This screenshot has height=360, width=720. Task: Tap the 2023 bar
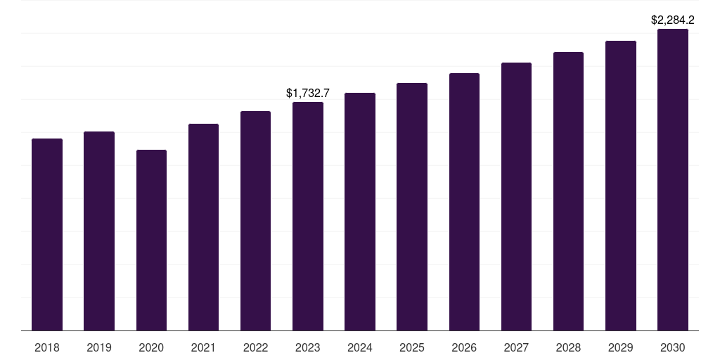point(308,216)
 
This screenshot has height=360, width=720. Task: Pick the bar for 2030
point(673,179)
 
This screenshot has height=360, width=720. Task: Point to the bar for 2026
point(464,202)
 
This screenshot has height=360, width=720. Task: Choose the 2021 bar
point(203,227)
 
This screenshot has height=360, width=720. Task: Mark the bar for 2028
point(568,191)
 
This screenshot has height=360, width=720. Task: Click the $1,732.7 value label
point(308,93)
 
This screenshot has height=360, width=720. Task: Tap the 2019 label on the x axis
point(99,347)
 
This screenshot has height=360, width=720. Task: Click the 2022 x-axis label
point(256,347)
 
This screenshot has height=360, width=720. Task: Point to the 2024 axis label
point(360,347)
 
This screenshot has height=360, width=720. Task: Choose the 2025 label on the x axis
point(412,347)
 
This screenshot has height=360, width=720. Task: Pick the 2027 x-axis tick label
point(516,347)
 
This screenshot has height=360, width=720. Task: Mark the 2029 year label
point(621,347)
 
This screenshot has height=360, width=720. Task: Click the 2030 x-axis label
point(673,347)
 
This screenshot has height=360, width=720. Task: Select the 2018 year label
point(47,347)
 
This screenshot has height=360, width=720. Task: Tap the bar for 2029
point(621,186)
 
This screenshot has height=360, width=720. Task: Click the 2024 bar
point(360,212)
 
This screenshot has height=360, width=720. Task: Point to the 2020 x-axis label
point(151,347)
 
